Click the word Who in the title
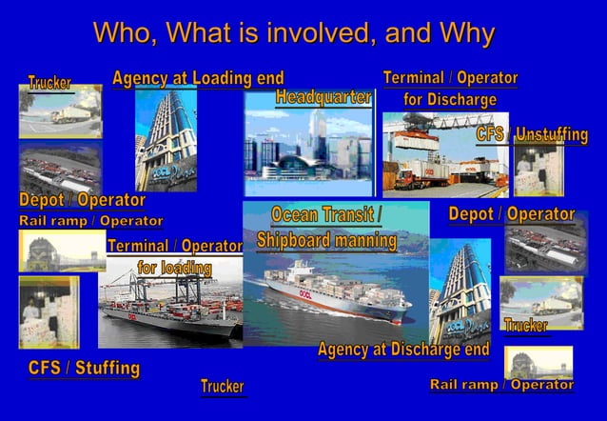(125, 33)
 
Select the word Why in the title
(467, 33)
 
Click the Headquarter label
(323, 97)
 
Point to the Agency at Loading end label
(198, 78)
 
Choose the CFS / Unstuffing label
(532, 135)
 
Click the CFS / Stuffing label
(84, 368)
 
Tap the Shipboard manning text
(326, 240)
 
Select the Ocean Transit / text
(326, 214)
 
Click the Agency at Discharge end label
(403, 350)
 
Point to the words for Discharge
(450, 99)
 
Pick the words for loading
(174, 268)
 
